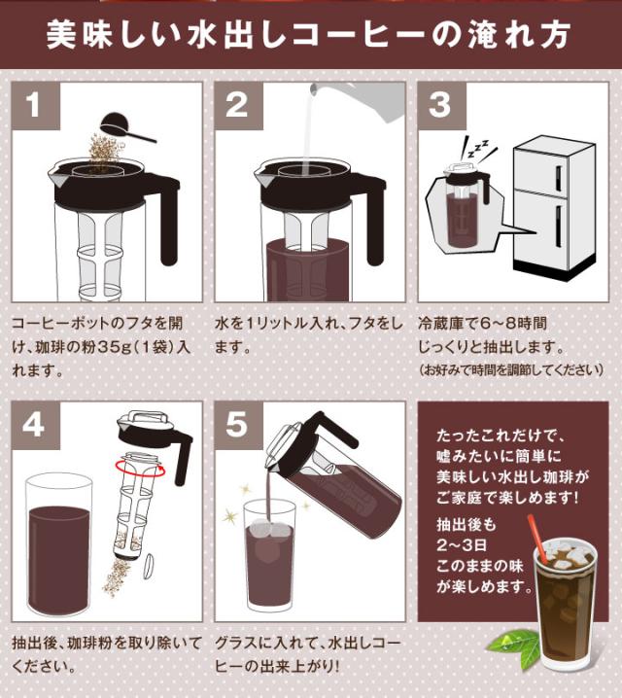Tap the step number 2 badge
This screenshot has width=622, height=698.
(x=238, y=105)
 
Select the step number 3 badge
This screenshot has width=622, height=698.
(x=439, y=105)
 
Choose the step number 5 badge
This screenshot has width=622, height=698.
(x=238, y=424)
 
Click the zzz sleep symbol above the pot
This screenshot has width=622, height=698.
(x=478, y=149)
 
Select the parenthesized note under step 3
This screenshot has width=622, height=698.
(x=511, y=370)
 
